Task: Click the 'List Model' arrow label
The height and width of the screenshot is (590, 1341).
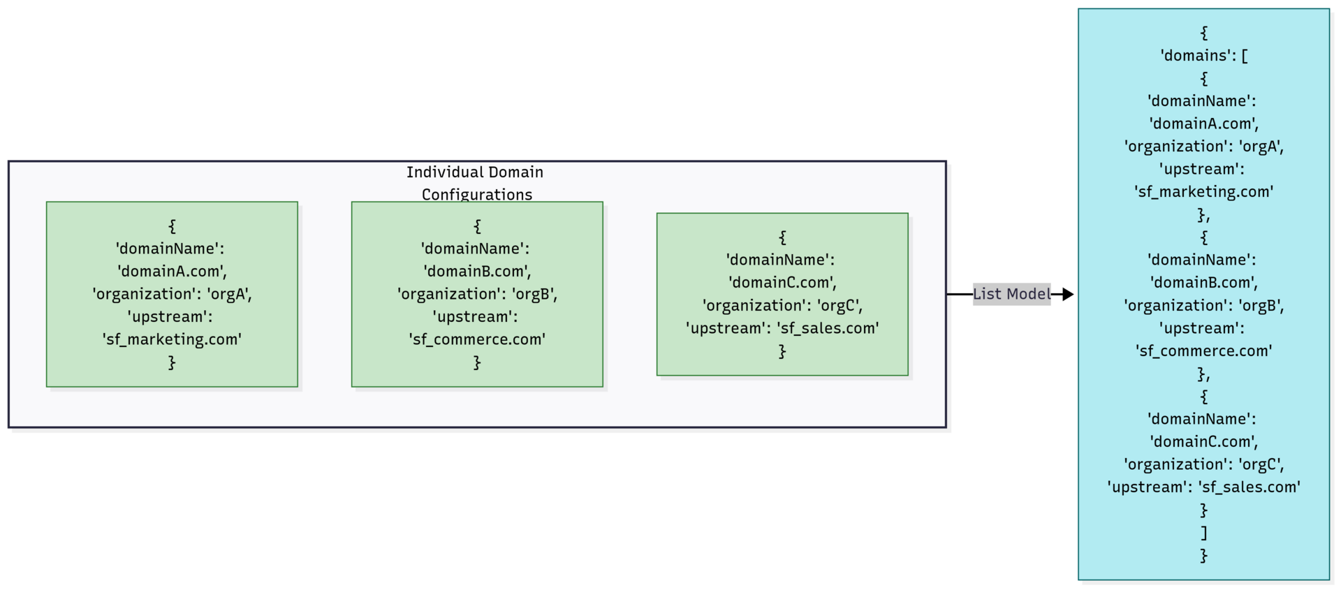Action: pyautogui.click(x=1011, y=294)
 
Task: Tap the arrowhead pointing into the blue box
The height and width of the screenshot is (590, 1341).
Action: pyautogui.click(x=1067, y=294)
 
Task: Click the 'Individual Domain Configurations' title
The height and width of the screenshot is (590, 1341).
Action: pyautogui.click(x=476, y=183)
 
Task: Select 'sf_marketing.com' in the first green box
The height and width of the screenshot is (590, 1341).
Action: pyautogui.click(x=172, y=339)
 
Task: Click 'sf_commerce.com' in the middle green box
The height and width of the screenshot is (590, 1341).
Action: pyautogui.click(x=477, y=339)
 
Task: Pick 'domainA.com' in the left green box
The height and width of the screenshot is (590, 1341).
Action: pyautogui.click(x=172, y=272)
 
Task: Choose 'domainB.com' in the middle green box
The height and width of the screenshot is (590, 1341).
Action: pyautogui.click(x=477, y=272)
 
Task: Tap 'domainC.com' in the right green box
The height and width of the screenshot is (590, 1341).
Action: pyautogui.click(x=782, y=283)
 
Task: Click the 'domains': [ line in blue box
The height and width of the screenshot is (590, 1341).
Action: pyautogui.click(x=1203, y=56)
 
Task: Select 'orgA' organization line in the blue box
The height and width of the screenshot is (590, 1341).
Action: pyautogui.click(x=1203, y=147)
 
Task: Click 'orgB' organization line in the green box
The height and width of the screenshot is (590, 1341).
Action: pyautogui.click(x=477, y=294)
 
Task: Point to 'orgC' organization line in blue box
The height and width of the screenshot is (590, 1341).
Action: pyautogui.click(x=1203, y=464)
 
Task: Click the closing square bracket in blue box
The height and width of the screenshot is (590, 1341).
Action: pyautogui.click(x=1203, y=533)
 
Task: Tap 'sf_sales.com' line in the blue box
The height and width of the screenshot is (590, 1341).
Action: pyautogui.click(x=1203, y=487)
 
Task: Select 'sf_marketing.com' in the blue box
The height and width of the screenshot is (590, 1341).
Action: pyautogui.click(x=1203, y=192)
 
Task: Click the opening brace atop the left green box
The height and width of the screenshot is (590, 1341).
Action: pyautogui.click(x=172, y=226)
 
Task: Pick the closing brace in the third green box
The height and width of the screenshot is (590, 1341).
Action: pyautogui.click(x=782, y=351)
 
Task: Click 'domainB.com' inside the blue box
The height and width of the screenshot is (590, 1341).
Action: pyautogui.click(x=1203, y=283)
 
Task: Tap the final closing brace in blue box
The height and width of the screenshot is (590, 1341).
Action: pyautogui.click(x=1203, y=556)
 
